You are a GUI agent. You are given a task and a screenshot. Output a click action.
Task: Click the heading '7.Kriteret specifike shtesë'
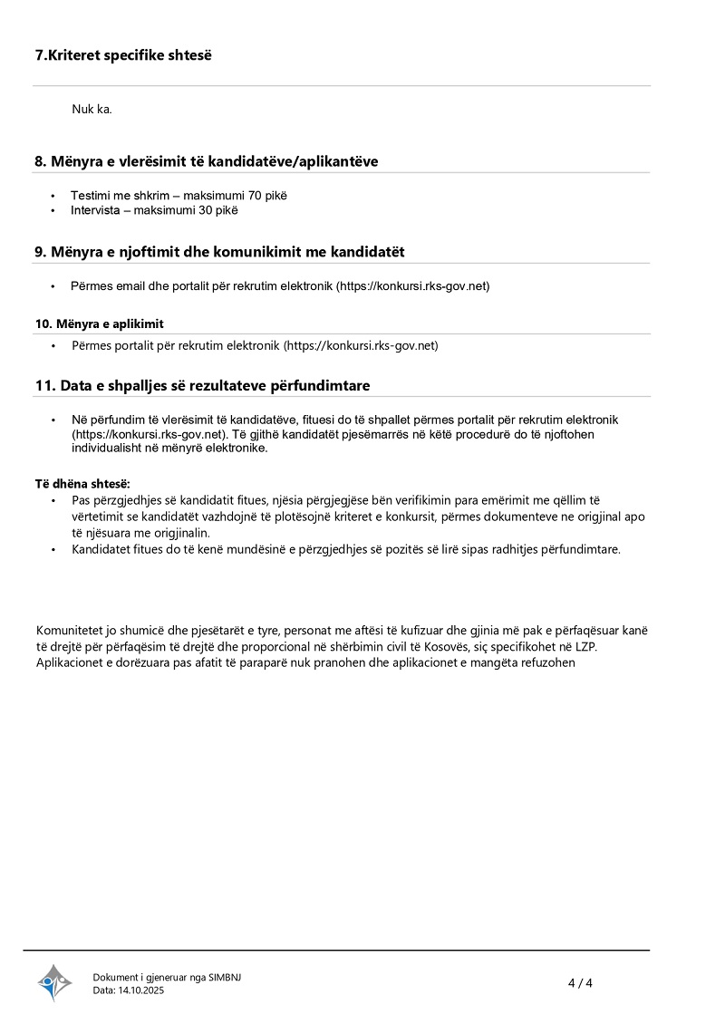[x=123, y=55]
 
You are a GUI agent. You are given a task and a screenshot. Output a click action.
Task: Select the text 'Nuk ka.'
[x=92, y=110]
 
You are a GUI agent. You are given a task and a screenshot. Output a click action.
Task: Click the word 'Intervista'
[x=97, y=210]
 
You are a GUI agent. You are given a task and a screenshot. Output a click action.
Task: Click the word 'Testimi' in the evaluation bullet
[x=91, y=196]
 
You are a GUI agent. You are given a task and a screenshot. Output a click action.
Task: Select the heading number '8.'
[x=41, y=161]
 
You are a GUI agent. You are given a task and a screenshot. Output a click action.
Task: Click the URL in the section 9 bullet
[x=413, y=286]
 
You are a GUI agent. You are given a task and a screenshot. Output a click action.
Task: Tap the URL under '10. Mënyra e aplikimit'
[x=362, y=345]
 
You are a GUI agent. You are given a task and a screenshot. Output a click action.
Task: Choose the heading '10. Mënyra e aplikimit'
[x=100, y=324]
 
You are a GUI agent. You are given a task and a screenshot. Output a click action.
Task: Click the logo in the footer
[x=54, y=982]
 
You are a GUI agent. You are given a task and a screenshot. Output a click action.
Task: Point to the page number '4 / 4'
[x=580, y=983]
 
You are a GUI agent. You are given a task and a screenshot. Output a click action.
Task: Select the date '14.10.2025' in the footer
[x=142, y=990]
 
